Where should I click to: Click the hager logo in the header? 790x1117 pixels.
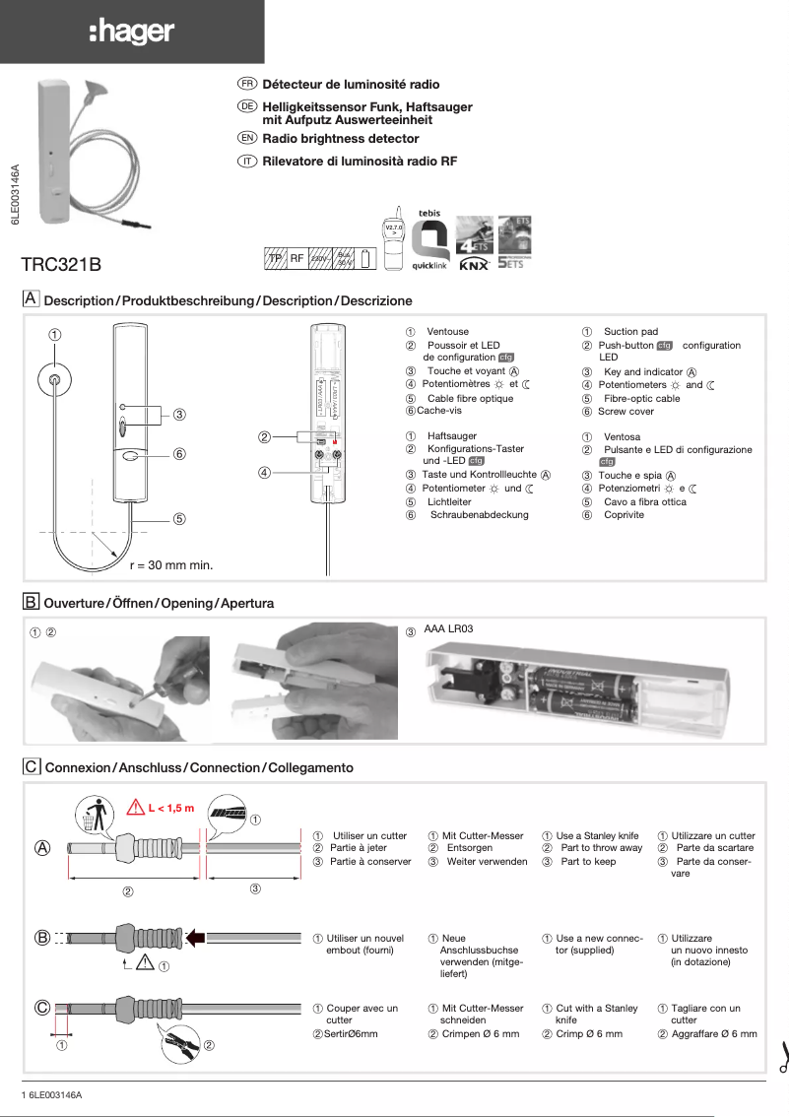point(131,33)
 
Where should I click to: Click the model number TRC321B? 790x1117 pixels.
point(61,265)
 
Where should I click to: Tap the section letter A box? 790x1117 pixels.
point(32,298)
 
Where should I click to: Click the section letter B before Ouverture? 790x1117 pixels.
point(32,601)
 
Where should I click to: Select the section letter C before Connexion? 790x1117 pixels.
point(32,766)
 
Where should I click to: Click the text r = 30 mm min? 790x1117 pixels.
point(171,565)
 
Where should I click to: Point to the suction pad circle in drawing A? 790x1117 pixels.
point(55,380)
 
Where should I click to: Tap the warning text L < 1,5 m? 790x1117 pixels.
point(171,809)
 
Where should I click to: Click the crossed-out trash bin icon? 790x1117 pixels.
point(93,815)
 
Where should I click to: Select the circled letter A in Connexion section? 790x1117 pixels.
point(43,848)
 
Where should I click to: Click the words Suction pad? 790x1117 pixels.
point(630,332)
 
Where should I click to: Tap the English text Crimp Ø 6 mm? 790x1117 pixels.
point(589,1034)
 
